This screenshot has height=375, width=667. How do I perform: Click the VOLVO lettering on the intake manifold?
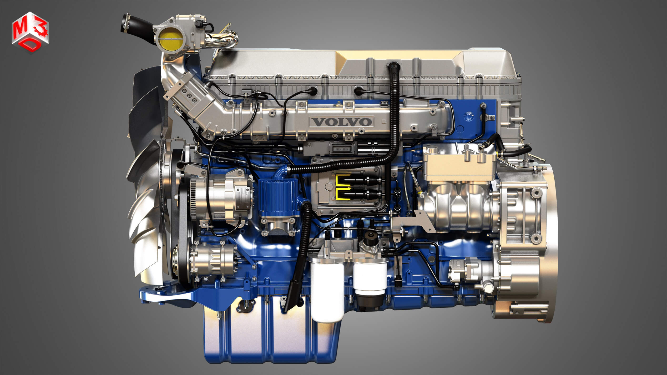click(341, 122)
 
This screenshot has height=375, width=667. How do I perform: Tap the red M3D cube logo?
click(30, 32)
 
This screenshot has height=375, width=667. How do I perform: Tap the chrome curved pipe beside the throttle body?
click(223, 41)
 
